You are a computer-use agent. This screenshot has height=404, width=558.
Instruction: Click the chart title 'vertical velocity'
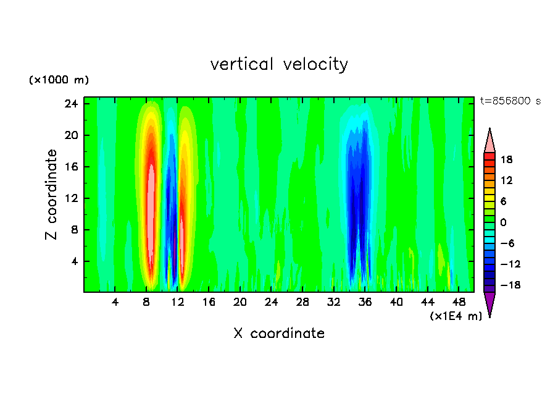[279, 64]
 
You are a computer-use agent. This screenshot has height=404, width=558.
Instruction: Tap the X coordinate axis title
[279, 334]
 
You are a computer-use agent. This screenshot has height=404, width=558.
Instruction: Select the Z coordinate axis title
[52, 195]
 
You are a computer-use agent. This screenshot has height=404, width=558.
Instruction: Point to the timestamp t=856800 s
[510, 101]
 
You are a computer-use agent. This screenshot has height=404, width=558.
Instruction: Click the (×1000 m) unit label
[59, 80]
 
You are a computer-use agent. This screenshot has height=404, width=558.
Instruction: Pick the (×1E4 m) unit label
[456, 316]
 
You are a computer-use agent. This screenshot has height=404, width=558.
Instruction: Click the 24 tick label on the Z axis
[70, 104]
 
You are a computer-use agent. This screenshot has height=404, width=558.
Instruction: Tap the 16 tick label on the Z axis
[70, 167]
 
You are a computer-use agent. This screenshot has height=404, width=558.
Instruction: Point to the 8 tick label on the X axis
[147, 302]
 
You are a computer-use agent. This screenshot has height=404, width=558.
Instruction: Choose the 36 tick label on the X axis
[365, 302]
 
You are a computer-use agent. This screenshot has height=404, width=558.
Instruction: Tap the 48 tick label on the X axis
[459, 302]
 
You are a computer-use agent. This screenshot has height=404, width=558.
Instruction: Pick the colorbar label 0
[504, 222]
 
